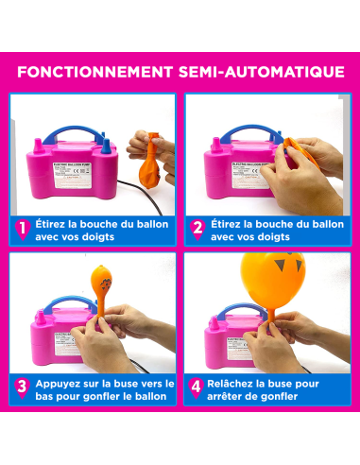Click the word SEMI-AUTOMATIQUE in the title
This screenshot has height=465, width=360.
coord(262,71)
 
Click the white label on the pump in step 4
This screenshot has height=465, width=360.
coord(224,336)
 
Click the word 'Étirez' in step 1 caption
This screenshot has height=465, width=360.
coord(54,223)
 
